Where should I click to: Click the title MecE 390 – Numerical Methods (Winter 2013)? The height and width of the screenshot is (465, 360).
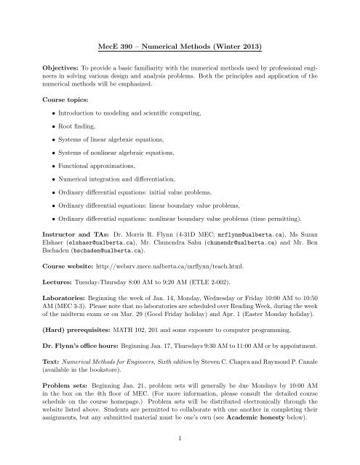coord(179,48)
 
